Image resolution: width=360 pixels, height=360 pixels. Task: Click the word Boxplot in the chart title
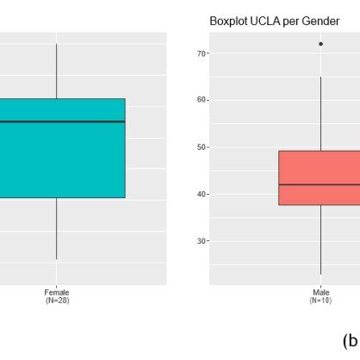(x=228, y=20)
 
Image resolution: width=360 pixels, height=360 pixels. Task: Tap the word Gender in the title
(x=318, y=20)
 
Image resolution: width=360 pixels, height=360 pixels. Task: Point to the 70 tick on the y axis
(x=201, y=53)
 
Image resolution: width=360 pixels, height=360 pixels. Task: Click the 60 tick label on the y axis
(x=201, y=100)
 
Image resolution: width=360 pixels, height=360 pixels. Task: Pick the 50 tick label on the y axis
(x=201, y=147)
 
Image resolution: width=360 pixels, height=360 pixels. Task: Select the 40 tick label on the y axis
(x=201, y=194)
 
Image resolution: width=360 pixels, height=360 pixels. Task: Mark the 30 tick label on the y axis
(x=201, y=241)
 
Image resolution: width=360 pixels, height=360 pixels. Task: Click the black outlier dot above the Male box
(x=320, y=44)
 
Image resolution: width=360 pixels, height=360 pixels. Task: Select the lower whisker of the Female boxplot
(x=57, y=228)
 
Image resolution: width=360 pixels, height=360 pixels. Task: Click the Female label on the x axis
(x=57, y=293)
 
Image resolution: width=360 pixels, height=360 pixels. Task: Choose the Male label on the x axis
(x=320, y=293)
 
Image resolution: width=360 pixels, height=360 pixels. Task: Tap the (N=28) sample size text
(x=57, y=301)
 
